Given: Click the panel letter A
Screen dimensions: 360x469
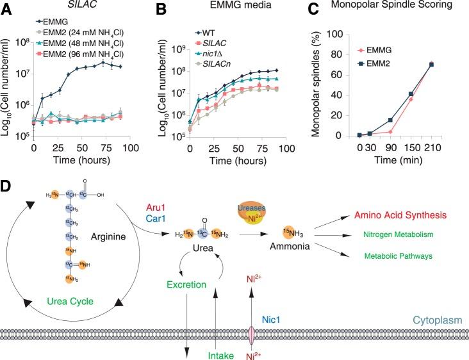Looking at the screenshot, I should coord(8,9).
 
